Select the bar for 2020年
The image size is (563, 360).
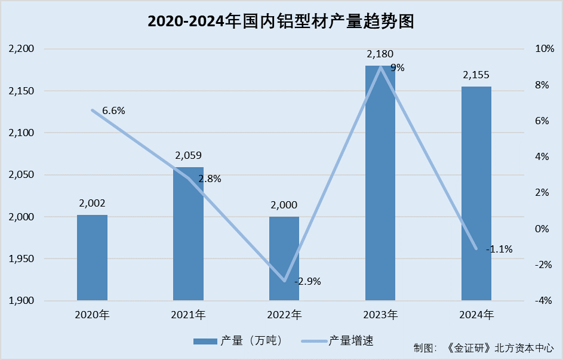point(92,257)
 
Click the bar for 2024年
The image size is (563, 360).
point(476,193)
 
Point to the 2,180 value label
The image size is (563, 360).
point(380,54)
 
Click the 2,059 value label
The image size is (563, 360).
point(188,156)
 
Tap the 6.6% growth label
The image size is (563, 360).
point(113,110)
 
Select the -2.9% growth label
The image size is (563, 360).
point(307,281)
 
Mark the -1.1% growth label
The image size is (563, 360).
point(499,249)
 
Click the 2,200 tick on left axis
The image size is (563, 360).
point(23,49)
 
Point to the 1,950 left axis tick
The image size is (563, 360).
point(23,259)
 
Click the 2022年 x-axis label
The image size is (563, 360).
point(284,315)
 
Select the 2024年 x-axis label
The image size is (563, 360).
point(476,315)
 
